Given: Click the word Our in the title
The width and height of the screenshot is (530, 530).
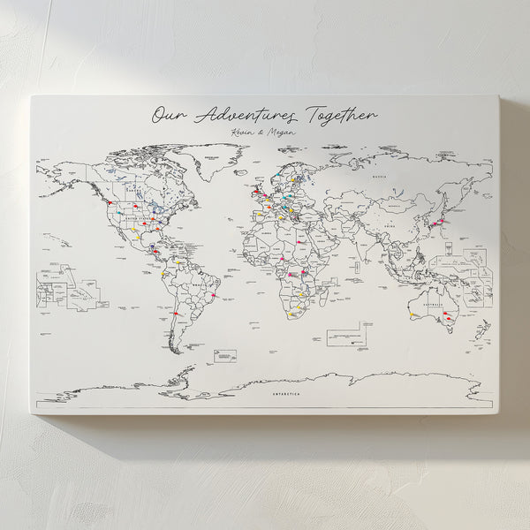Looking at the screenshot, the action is click(167, 116).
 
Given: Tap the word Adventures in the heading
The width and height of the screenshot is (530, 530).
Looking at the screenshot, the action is click(246, 116).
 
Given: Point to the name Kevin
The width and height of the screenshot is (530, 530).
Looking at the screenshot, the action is click(239, 132).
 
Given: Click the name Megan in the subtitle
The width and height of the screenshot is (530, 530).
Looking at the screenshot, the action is click(282, 133).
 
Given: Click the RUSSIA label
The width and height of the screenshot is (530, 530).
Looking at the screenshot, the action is click(379, 177).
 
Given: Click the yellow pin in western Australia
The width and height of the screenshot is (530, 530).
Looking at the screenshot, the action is click(413, 314).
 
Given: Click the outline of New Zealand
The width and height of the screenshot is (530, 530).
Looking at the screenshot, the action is click(481, 332).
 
